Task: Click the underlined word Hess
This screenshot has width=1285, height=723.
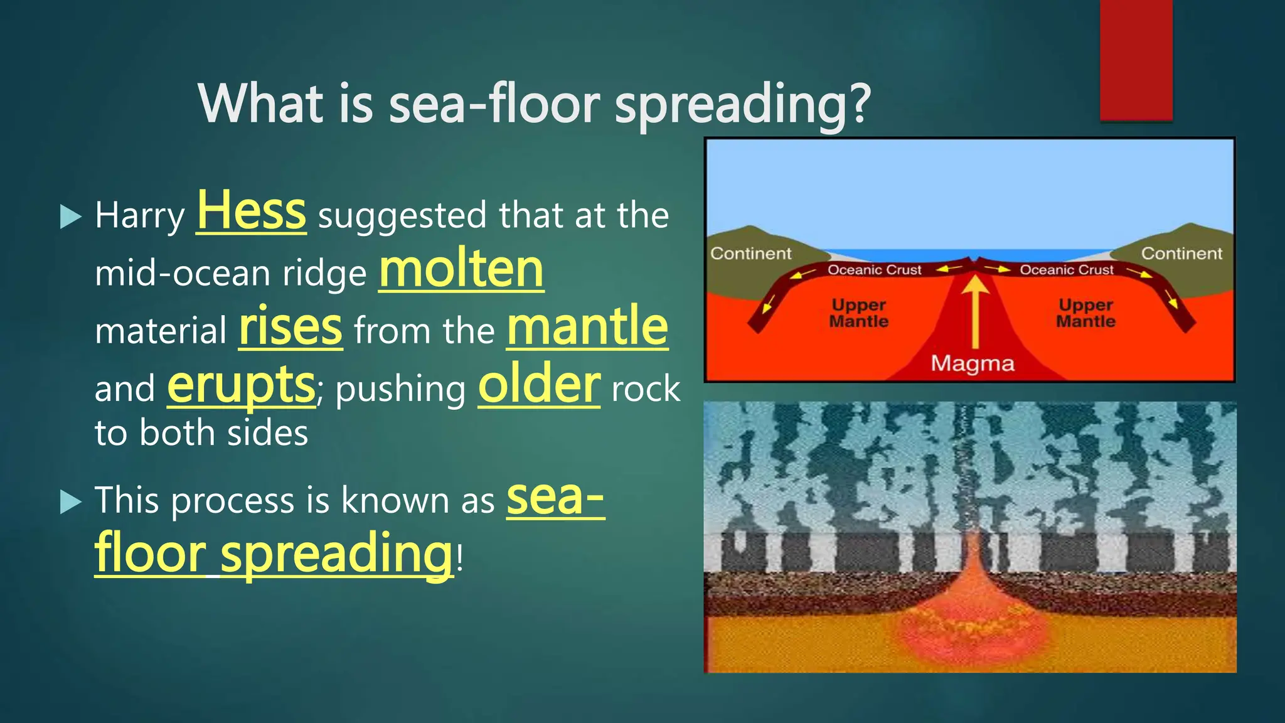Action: point(251,211)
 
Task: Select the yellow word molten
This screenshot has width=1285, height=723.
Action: point(461,269)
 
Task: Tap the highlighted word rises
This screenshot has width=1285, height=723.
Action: point(291,327)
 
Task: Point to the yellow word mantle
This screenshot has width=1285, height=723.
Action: point(587,326)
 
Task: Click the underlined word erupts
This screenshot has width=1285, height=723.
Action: point(241,385)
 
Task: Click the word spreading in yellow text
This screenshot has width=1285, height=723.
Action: point(336,553)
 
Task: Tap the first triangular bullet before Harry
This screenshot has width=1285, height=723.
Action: point(70,217)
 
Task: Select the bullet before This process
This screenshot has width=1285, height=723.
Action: point(70,502)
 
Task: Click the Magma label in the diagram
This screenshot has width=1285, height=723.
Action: point(972,363)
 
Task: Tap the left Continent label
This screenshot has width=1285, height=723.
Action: point(750,254)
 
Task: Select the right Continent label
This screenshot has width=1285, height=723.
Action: point(1181,254)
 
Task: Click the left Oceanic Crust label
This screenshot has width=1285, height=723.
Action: point(874,270)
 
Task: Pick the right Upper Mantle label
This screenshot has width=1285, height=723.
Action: point(1085,313)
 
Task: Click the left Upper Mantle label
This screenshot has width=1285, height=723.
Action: point(858,313)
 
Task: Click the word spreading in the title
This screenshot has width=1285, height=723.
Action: point(742,105)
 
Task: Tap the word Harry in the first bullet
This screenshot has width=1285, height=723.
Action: point(139,217)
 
